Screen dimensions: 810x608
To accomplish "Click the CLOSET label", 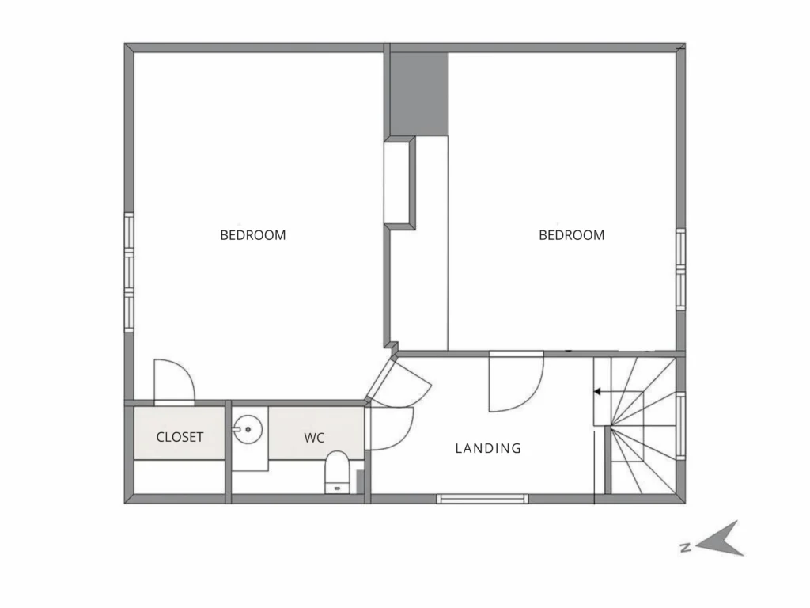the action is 180,437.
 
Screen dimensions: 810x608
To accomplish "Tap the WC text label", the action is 314,438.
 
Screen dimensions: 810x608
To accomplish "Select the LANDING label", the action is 488,448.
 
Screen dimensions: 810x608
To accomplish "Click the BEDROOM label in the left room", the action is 252,235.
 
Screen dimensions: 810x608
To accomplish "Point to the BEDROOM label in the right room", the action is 571,235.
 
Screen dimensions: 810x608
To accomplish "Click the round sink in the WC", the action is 248,429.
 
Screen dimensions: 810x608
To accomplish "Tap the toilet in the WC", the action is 337,472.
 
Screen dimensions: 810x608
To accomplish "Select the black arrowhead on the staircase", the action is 598,392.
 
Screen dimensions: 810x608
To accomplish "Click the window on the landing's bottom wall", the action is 483,499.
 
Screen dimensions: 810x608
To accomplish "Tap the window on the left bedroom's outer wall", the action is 129,272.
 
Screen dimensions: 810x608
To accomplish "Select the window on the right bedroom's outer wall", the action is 681,269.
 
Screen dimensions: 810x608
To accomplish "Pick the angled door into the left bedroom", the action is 399,381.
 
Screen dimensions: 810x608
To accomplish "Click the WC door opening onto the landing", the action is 391,428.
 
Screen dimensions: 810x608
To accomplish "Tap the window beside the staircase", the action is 681,426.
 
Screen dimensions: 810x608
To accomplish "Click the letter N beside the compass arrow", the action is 686,548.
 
